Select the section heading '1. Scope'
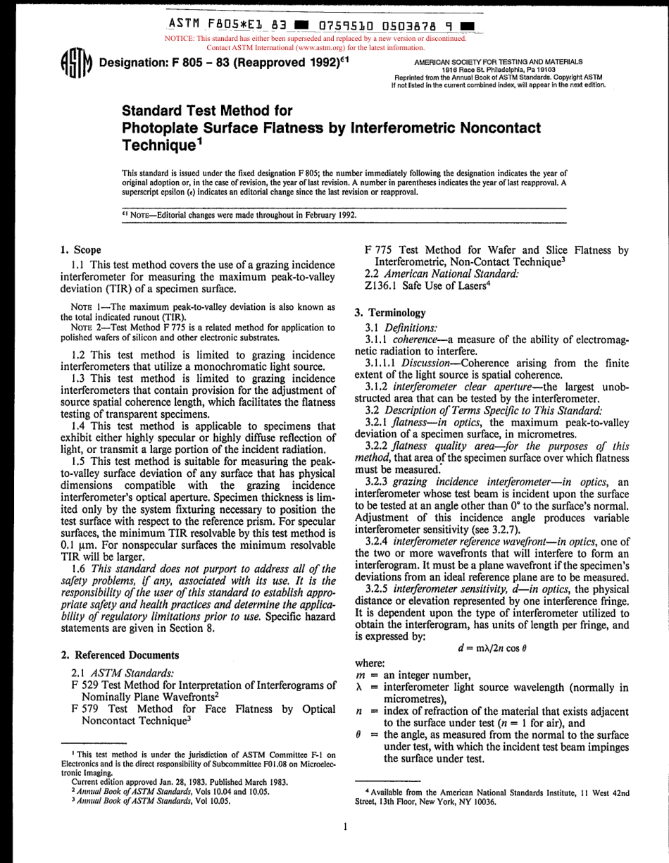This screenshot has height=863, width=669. tap(80, 249)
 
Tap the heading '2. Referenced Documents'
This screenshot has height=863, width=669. tap(120, 654)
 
